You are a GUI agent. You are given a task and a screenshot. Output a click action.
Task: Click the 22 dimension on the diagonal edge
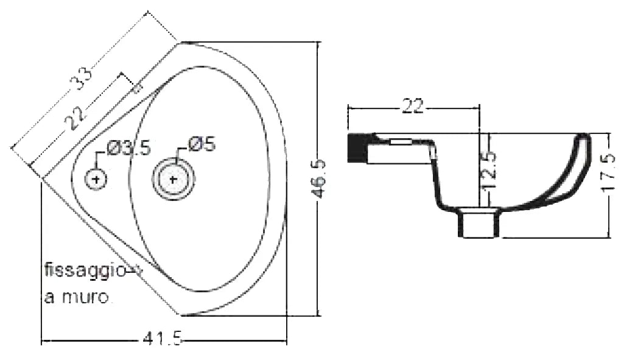[x=75, y=118]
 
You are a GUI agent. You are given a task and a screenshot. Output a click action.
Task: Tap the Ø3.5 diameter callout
[x=129, y=148]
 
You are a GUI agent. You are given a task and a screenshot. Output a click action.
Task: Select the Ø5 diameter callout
[x=202, y=144]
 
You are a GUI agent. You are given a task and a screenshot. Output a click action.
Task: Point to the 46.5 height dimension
[x=320, y=178]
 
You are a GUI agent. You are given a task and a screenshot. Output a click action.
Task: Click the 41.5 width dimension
[x=163, y=338]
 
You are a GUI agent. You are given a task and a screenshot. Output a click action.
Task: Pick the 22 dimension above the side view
[x=412, y=106]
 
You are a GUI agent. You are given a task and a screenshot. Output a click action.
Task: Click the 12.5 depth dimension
[x=489, y=170]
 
